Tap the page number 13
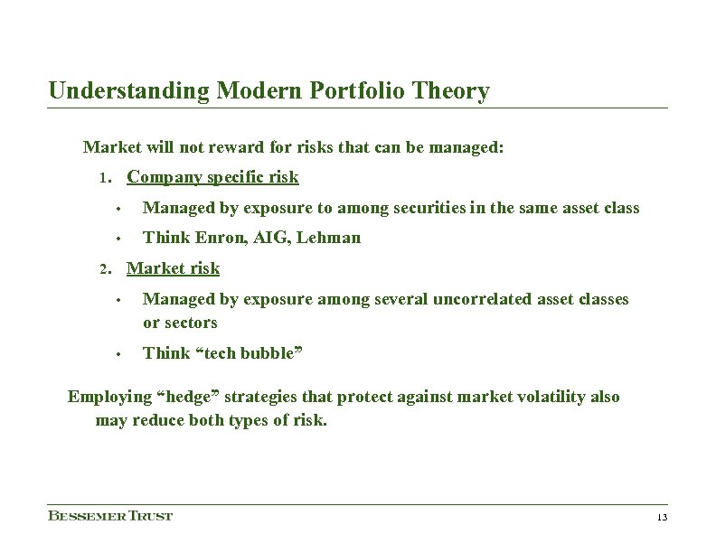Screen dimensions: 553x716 (x=662, y=518)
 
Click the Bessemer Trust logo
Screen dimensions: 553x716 (x=109, y=516)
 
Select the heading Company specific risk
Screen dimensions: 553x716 (x=212, y=177)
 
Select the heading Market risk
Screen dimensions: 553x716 (x=173, y=268)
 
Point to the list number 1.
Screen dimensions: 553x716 (x=104, y=178)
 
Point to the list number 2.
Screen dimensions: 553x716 (x=104, y=269)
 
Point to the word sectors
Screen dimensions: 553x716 (x=191, y=323)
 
